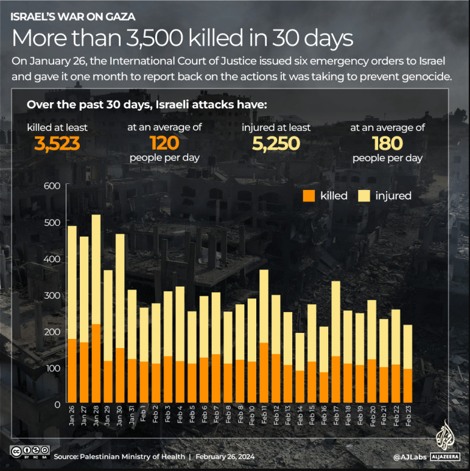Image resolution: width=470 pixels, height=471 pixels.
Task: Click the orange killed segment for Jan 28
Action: point(96,364)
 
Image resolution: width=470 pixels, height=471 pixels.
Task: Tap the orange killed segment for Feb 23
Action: point(407,386)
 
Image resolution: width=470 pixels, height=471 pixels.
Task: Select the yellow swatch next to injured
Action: point(364,195)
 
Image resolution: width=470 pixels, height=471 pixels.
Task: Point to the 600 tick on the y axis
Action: point(52,186)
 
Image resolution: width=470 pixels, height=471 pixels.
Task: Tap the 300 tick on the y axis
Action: point(52,295)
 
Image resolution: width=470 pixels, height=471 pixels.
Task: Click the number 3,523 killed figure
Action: point(57,144)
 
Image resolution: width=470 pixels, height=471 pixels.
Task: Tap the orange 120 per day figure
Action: point(164,144)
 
